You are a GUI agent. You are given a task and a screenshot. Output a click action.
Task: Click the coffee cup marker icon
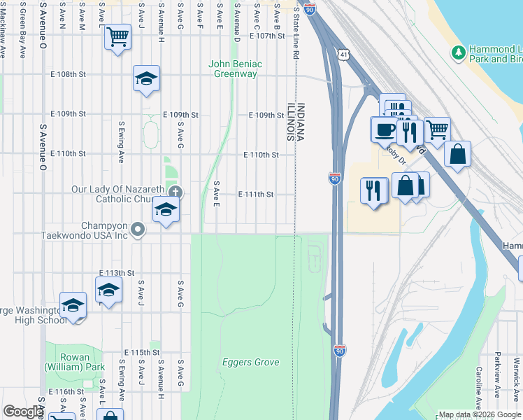click(384, 129)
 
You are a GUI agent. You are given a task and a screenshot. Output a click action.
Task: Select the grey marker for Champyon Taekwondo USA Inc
click(138, 229)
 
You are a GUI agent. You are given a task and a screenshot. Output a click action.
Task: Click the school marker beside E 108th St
click(146, 78)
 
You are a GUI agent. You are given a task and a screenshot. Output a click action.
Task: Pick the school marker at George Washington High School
click(73, 305)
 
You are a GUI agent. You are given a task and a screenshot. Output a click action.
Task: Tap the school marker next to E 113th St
click(108, 290)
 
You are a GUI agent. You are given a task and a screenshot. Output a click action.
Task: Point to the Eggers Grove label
click(250, 362)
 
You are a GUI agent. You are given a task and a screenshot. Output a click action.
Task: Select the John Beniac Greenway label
click(236, 69)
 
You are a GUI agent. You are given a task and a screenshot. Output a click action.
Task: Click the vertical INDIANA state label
click(301, 122)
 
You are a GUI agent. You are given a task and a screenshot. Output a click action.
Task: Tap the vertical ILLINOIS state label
click(289, 122)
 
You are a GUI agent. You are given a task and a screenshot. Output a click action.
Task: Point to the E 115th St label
click(142, 352)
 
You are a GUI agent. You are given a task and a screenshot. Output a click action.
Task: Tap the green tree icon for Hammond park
click(459, 52)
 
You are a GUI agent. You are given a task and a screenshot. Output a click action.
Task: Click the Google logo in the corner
click(23, 412)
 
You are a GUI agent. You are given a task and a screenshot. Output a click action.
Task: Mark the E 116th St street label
click(66, 391)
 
